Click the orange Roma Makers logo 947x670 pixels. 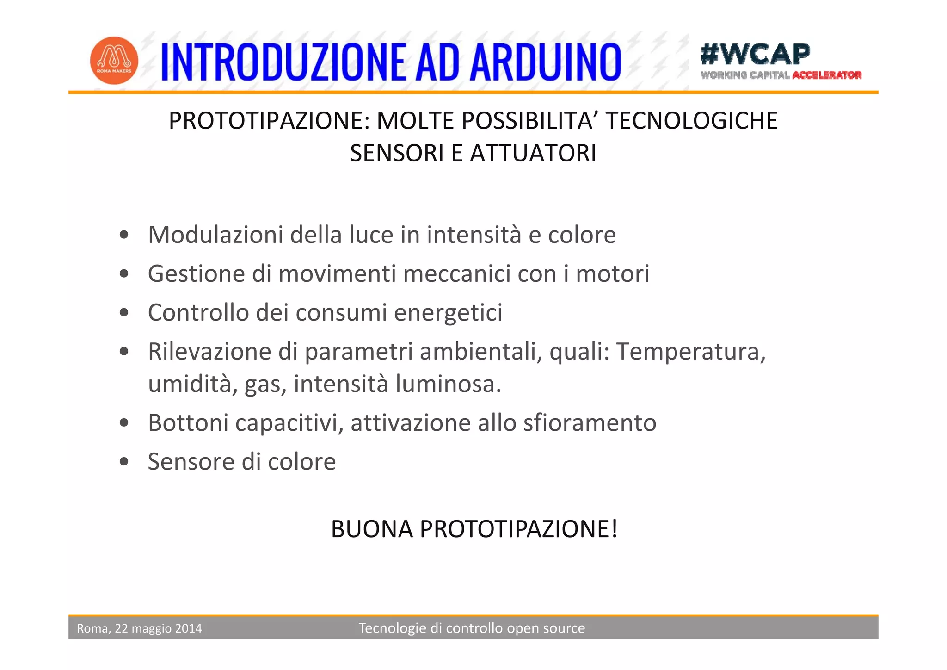point(114,61)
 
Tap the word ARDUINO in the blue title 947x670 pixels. point(546,62)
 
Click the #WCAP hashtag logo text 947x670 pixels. point(755,54)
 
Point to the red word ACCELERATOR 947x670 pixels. point(827,75)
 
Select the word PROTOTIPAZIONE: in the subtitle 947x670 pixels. point(269,121)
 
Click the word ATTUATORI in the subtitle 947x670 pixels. point(533,153)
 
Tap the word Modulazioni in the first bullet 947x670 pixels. point(215,235)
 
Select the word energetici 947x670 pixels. point(448,313)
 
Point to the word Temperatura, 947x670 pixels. point(691,351)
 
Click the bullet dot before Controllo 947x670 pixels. point(123,313)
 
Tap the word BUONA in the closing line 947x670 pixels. point(372,529)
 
